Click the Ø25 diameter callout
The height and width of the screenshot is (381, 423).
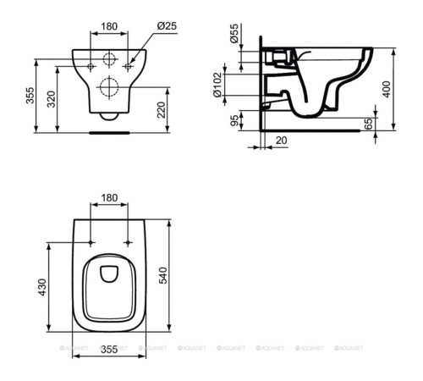point(168,27)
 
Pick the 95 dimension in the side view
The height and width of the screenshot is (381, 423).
point(234,120)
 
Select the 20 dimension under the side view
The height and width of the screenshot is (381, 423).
point(278,141)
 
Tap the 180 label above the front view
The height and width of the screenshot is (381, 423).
point(109,27)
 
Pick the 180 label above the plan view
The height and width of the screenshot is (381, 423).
point(109,197)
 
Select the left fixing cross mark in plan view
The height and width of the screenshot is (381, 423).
point(91,243)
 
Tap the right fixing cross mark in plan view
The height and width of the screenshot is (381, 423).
point(129,243)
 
